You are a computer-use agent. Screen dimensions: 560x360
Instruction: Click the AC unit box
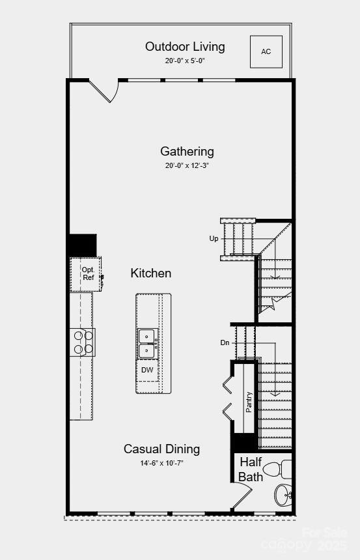click(266, 51)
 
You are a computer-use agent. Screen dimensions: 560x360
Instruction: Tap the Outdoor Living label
click(185, 47)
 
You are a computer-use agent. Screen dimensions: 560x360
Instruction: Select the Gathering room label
click(187, 152)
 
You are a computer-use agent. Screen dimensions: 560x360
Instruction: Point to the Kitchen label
click(151, 273)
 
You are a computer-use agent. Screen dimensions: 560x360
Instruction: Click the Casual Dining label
click(162, 449)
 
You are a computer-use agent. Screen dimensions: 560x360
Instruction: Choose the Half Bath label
click(251, 469)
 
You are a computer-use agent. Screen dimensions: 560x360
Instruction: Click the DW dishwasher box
click(148, 370)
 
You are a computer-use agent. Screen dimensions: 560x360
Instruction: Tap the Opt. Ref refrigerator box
click(88, 273)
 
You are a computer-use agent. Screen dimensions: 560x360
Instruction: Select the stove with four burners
click(83, 343)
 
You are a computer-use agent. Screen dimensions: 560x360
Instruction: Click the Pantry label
click(249, 402)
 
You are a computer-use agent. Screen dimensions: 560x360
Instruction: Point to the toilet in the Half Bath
click(283, 468)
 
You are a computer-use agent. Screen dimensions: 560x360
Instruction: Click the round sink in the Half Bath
click(284, 495)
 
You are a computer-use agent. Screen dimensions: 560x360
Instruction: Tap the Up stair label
click(214, 239)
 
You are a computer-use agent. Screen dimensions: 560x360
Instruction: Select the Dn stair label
click(225, 343)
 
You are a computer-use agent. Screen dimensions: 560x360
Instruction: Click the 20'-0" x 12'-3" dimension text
click(187, 165)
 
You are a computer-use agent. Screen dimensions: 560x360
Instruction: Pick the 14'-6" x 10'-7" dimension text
click(162, 464)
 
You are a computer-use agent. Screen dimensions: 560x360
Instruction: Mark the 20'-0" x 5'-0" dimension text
click(185, 61)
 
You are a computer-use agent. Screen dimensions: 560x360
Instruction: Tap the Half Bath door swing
click(240, 498)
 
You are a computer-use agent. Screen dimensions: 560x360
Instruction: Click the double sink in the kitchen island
click(148, 343)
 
